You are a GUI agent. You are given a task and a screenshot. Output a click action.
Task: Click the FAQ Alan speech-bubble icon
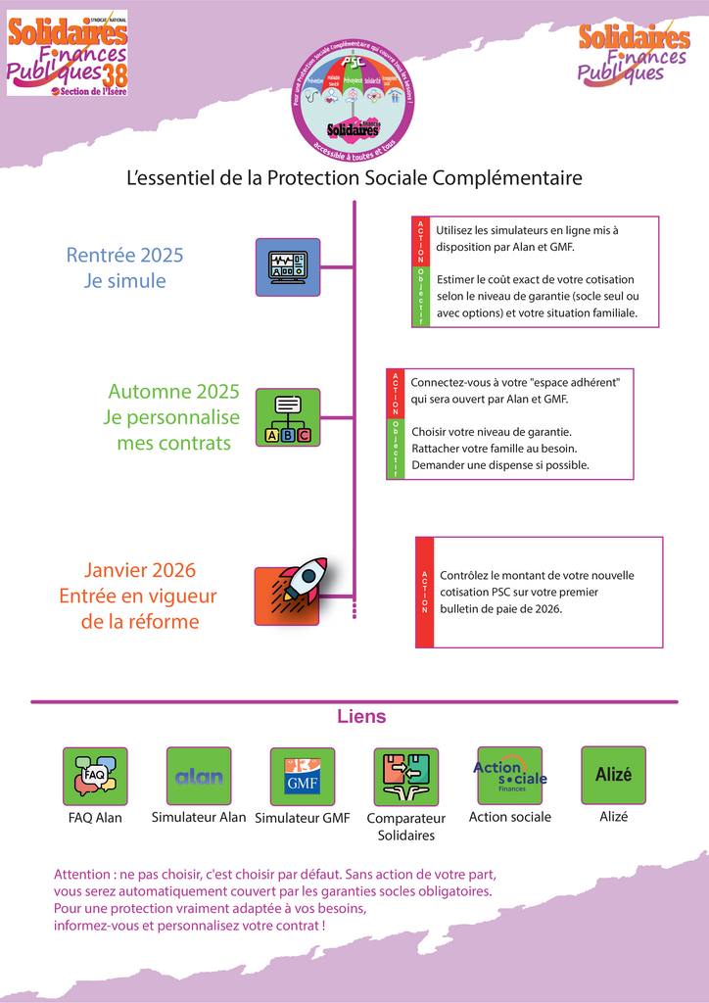click(x=95, y=777)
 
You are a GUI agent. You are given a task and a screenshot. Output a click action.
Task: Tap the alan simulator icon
click(x=199, y=776)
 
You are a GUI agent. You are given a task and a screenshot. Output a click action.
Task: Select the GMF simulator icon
click(x=303, y=776)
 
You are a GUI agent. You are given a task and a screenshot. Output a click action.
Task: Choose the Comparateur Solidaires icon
click(x=406, y=777)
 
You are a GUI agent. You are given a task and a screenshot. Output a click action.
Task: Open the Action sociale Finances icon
click(x=509, y=776)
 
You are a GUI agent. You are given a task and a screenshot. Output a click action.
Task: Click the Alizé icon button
click(x=613, y=775)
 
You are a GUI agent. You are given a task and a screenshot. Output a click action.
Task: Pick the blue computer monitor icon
click(x=288, y=266)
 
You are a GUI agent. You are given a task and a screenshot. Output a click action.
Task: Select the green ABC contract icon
click(x=288, y=417)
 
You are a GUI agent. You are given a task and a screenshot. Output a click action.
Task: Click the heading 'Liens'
click(x=361, y=717)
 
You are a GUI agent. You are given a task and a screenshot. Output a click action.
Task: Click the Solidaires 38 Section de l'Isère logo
click(x=68, y=53)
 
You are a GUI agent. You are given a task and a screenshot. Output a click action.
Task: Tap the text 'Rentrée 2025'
click(x=124, y=256)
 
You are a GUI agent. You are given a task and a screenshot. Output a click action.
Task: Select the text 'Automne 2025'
click(x=173, y=392)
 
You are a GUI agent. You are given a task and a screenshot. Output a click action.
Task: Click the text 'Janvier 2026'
click(x=139, y=570)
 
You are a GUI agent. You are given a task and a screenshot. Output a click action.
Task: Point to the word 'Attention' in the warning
click(x=82, y=874)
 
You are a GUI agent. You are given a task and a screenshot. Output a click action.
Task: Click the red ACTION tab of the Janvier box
click(x=425, y=592)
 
